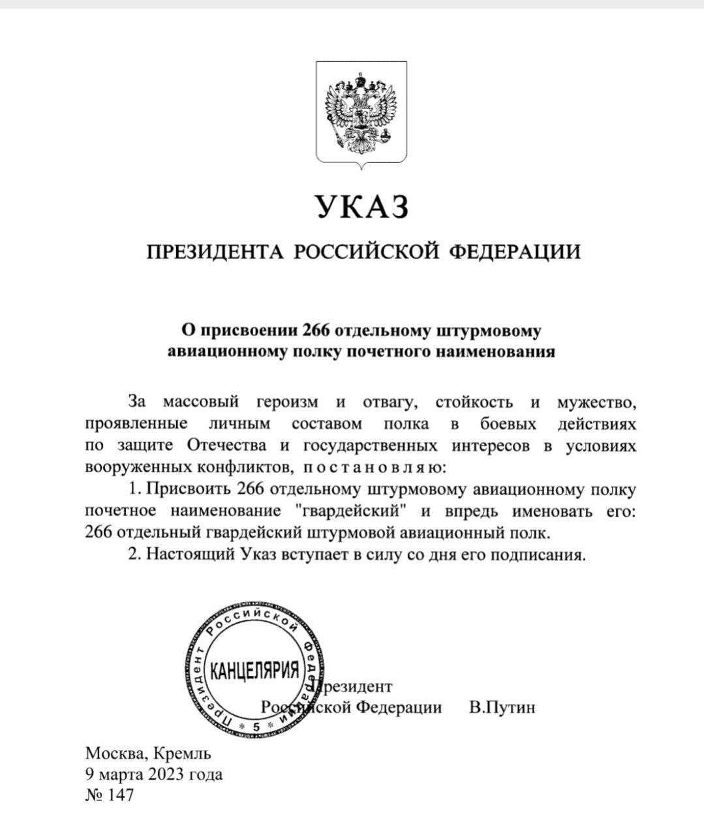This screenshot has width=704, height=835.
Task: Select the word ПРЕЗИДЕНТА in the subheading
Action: click(215, 252)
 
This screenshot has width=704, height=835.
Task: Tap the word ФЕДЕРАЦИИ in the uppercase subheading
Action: click(516, 252)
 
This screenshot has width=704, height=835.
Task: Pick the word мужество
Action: click(596, 401)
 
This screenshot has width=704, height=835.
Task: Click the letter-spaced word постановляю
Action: click(372, 468)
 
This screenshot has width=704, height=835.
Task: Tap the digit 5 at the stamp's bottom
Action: click(255, 726)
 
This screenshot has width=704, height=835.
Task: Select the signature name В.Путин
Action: click(502, 707)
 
